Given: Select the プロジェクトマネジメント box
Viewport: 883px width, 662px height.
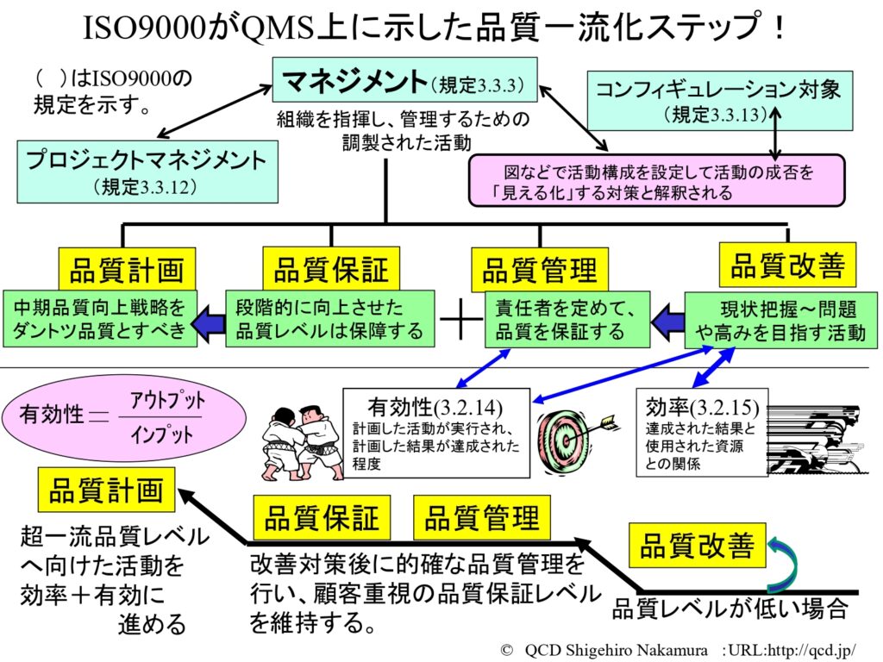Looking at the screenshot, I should point(147,172).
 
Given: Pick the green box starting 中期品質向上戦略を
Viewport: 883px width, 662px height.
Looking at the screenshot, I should point(100,318).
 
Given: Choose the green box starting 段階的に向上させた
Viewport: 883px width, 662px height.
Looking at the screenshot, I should point(330,318).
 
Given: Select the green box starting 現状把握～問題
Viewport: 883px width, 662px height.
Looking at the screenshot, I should point(780,320).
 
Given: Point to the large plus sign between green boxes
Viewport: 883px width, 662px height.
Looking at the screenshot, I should point(460,321).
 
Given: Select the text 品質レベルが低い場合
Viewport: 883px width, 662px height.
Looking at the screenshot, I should point(730,609).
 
